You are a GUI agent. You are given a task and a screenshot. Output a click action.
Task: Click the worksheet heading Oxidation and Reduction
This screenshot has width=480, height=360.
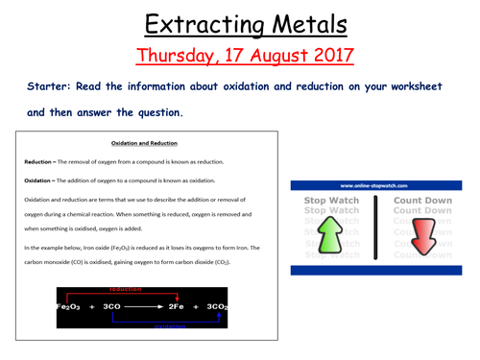click(x=144, y=143)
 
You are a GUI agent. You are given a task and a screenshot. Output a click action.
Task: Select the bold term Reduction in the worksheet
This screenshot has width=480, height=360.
click(x=42, y=162)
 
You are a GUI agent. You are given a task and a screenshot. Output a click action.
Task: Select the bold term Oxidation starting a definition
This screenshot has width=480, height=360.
click(x=42, y=180)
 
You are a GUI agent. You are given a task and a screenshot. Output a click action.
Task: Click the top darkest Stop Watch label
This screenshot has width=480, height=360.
click(x=331, y=201)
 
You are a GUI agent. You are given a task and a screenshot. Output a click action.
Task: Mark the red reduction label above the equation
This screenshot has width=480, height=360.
click(x=126, y=289)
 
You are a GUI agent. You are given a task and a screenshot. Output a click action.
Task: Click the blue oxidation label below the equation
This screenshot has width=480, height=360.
click(x=173, y=324)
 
